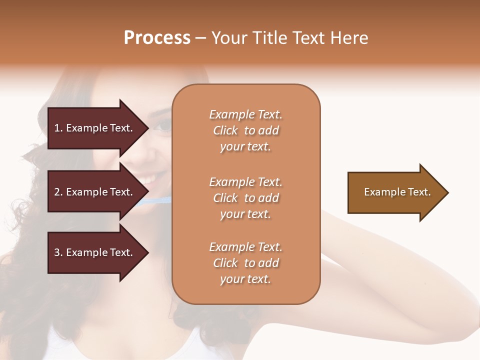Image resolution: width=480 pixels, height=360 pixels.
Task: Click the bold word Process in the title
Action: [x=157, y=38]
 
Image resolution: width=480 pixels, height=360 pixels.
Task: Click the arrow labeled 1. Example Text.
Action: [x=95, y=128]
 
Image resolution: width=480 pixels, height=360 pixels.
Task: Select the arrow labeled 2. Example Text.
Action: [x=95, y=192]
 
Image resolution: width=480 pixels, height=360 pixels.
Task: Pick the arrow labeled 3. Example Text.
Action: [x=95, y=252]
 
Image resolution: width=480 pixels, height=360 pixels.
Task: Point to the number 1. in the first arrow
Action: [x=58, y=128]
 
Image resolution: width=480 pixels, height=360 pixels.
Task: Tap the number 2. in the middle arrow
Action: [x=58, y=192]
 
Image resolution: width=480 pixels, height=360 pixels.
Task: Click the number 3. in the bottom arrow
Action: [x=58, y=252]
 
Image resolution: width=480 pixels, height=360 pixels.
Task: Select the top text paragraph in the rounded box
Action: [x=245, y=130]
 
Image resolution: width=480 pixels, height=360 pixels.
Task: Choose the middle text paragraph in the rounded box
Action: [x=245, y=197]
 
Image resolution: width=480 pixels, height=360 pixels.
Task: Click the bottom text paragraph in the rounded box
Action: [x=245, y=263]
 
